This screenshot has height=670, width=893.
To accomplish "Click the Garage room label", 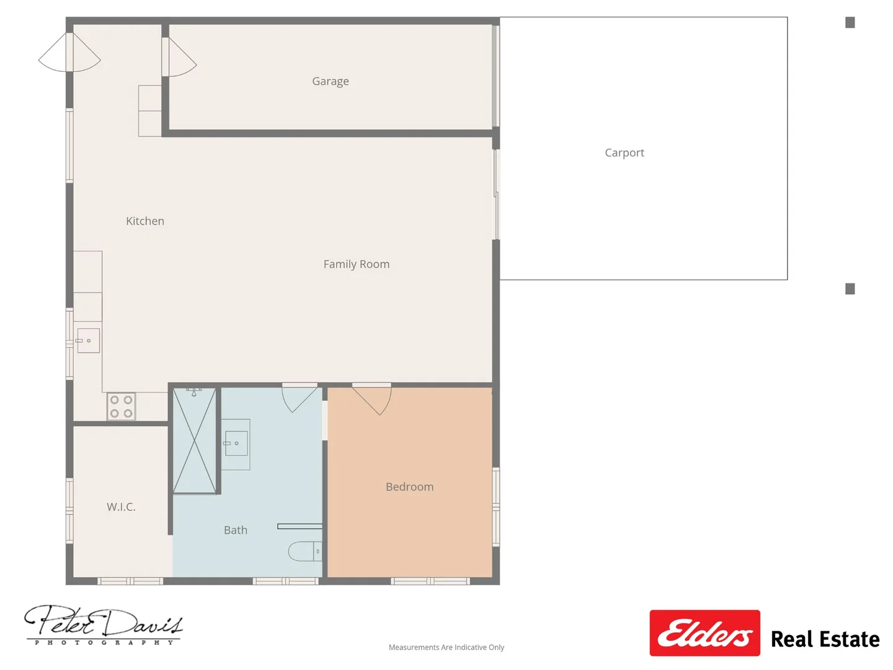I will [331, 81].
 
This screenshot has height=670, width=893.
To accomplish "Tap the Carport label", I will [624, 153].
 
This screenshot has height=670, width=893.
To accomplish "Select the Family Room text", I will [357, 264].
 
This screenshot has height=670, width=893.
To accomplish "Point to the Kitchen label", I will [145, 221].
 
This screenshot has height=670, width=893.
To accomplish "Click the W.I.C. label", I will [121, 507].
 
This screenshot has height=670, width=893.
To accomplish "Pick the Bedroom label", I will [409, 487].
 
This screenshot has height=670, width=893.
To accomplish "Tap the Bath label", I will [236, 530].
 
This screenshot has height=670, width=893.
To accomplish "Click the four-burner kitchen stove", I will [121, 407].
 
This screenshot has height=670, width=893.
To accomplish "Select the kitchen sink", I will [88, 341].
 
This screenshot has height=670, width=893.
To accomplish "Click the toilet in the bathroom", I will [304, 551].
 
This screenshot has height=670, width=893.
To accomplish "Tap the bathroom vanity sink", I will [236, 444].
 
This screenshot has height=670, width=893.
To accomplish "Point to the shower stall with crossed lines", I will [195, 440].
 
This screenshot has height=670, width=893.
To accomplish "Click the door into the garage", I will [180, 60].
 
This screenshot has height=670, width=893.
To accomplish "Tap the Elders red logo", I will [704, 633].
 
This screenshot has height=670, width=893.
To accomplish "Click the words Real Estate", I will [825, 639].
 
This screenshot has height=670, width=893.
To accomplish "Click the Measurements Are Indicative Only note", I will [446, 647].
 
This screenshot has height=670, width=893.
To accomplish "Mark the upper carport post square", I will [850, 23].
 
